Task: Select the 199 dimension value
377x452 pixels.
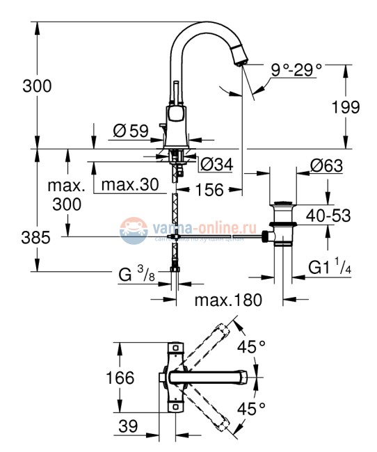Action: point(346,108)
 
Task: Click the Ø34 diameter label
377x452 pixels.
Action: point(218,165)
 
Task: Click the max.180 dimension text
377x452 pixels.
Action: point(227,300)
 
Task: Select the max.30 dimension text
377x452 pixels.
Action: point(130,186)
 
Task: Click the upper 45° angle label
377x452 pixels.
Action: point(253,346)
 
